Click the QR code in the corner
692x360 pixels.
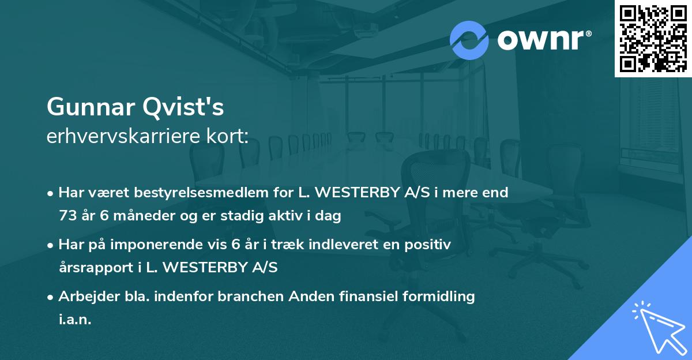point(653,38)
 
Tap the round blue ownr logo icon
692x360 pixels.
point(469,40)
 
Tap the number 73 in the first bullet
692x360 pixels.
point(67,216)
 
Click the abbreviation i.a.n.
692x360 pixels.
point(75,320)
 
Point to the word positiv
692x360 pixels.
point(429,245)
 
